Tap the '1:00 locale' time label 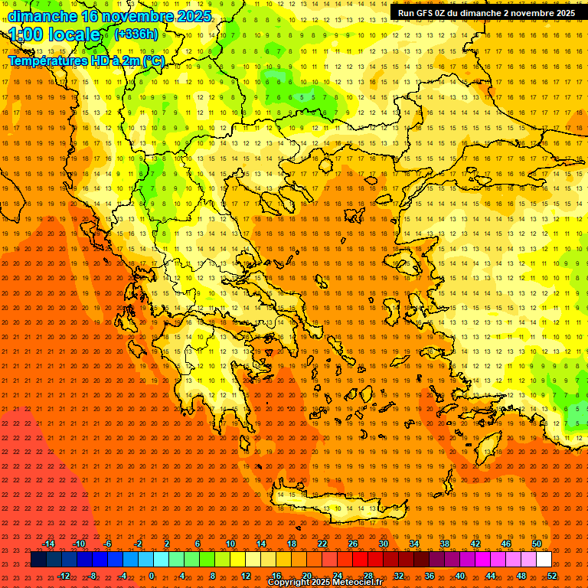point(55,34)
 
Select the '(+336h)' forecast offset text point(136,34)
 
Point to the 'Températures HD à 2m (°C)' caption point(86,60)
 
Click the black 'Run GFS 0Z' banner point(486,13)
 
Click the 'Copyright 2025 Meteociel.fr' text point(325,583)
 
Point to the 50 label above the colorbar point(536,544)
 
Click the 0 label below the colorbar point(151,576)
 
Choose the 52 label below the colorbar point(552,576)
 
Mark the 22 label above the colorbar point(322,544)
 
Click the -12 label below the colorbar point(64,576)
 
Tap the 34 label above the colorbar point(414,544)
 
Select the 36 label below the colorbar point(430,576)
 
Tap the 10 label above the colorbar point(230,544)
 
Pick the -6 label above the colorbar point(108,544)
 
